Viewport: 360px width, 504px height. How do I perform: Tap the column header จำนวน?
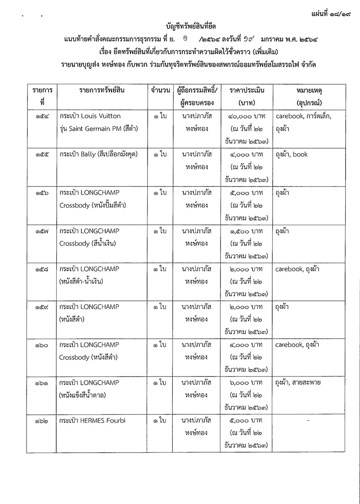click(x=160, y=90)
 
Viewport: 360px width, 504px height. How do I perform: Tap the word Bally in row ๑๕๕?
click(x=88, y=154)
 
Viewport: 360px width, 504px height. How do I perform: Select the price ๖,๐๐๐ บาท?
click(x=246, y=383)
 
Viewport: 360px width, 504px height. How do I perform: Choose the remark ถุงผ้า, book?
click(x=292, y=154)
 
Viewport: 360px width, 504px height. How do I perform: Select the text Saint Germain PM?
click(x=95, y=128)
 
